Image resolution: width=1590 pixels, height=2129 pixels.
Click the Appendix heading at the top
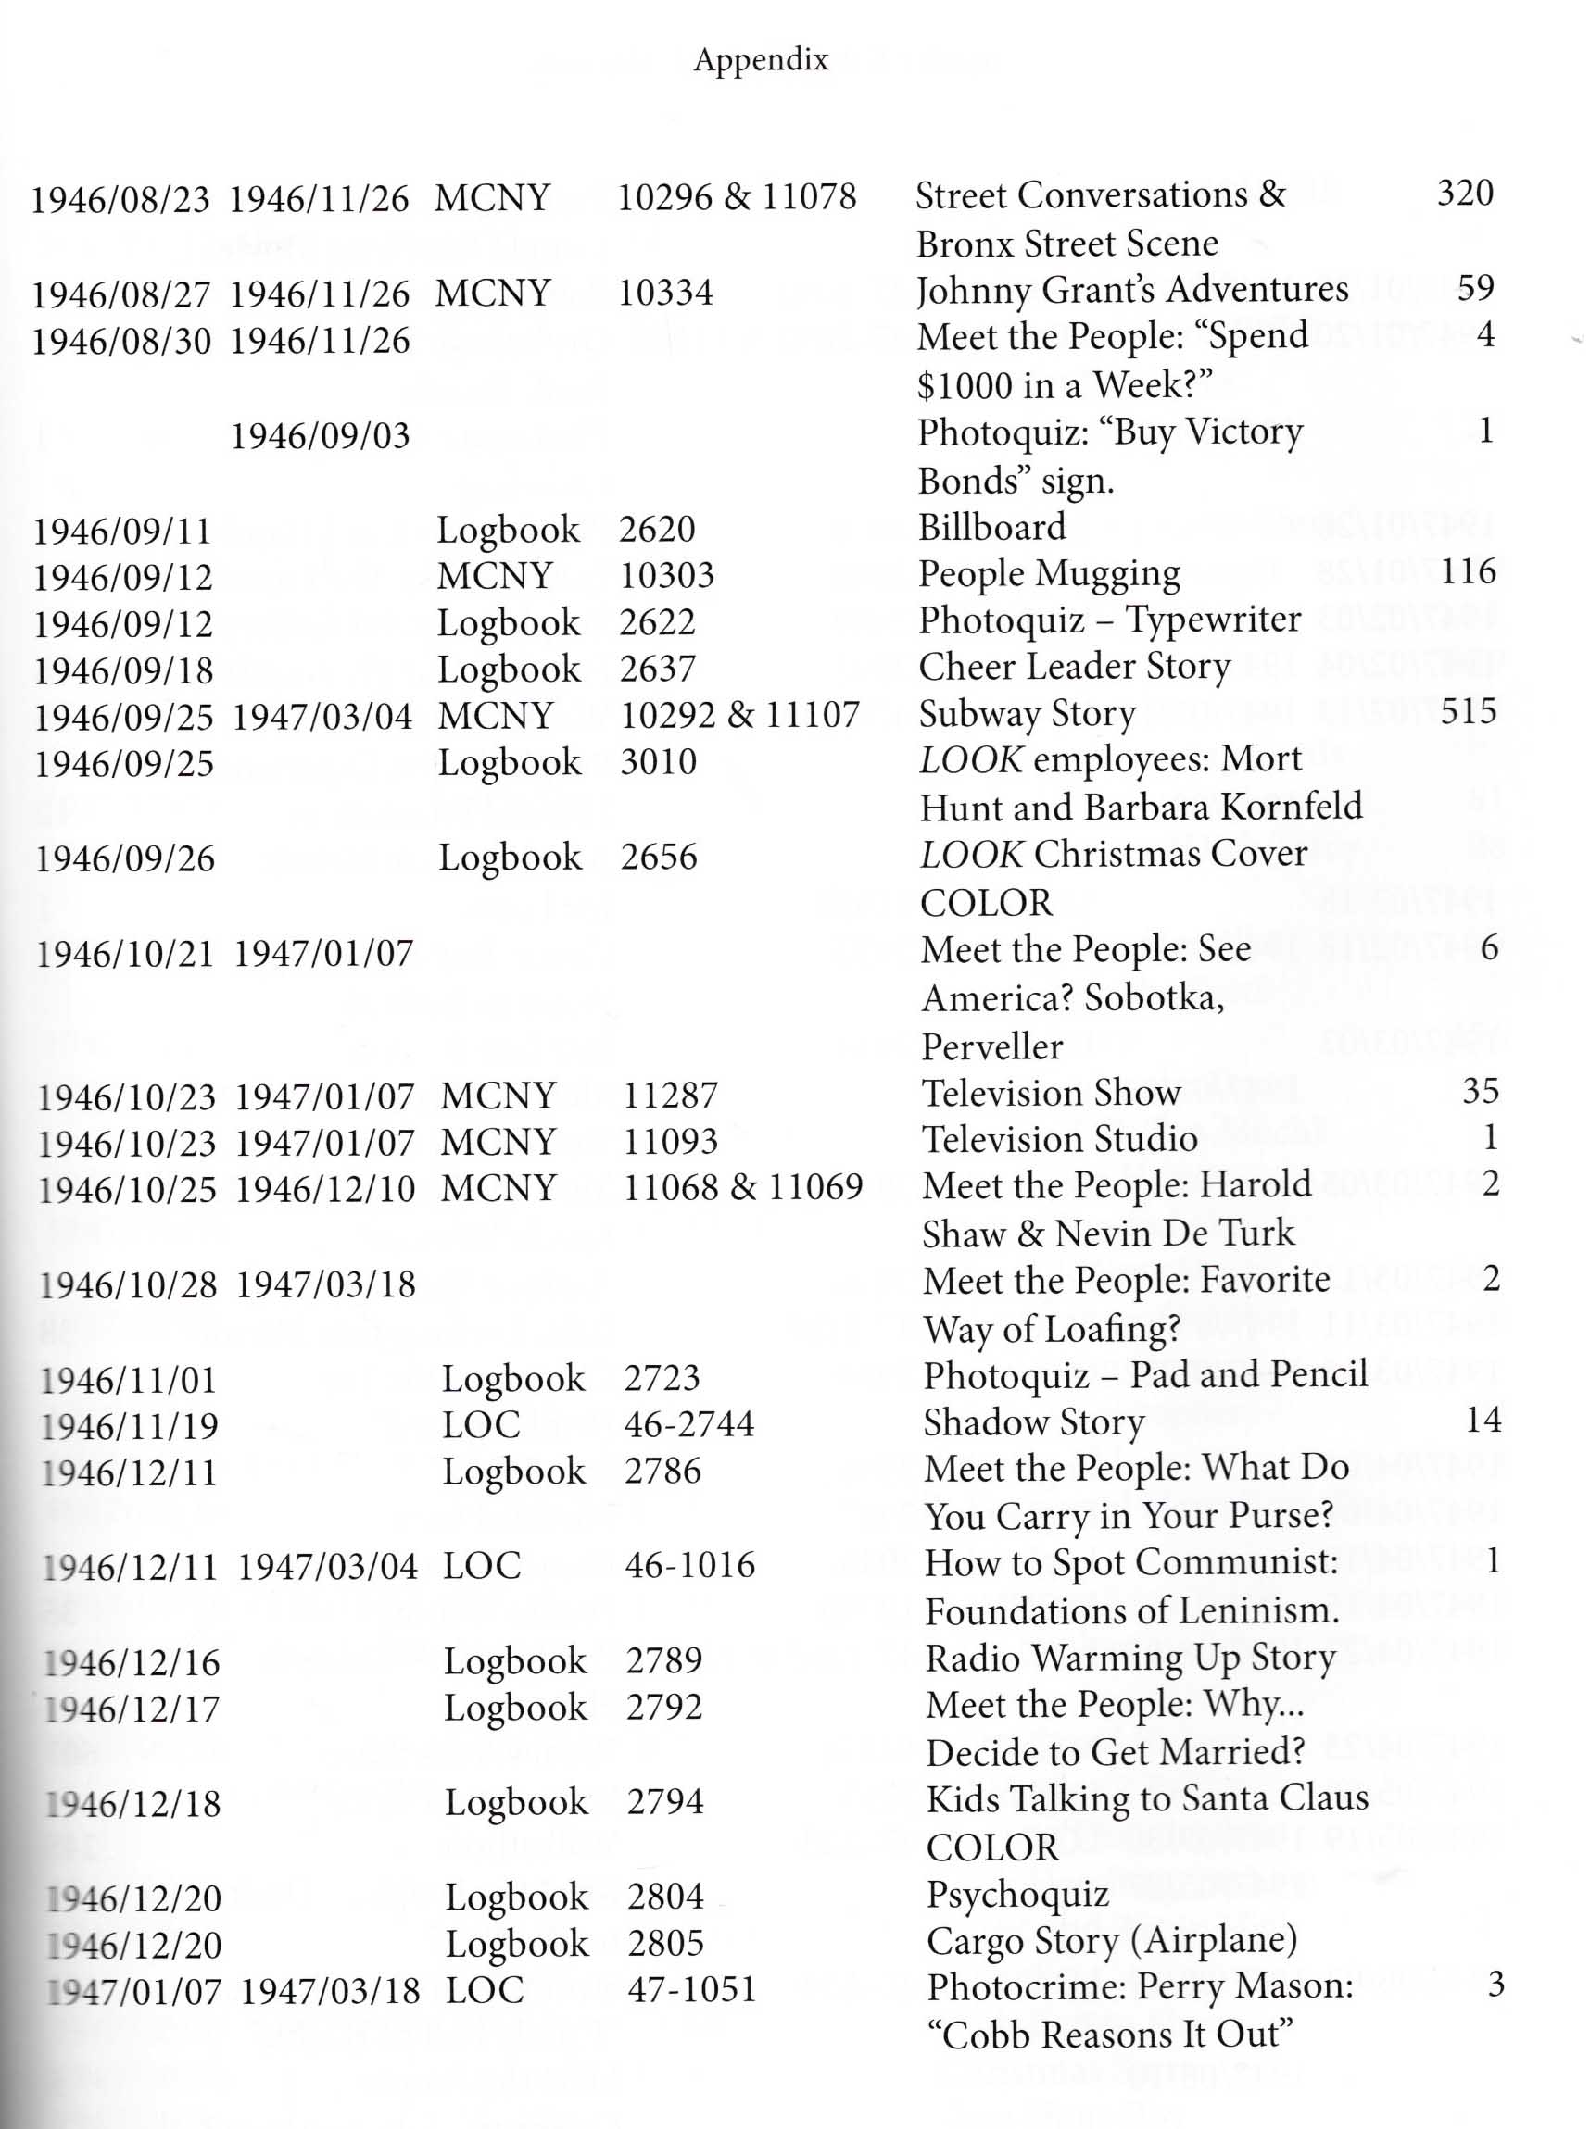pos(761,60)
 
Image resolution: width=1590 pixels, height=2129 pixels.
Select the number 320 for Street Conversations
pos(1465,194)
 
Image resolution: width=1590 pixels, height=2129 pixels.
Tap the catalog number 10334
pos(665,293)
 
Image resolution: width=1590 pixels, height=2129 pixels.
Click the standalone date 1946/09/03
pos(320,436)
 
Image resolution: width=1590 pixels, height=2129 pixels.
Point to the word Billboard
pos(991,527)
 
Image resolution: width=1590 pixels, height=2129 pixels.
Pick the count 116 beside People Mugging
pos(1468,572)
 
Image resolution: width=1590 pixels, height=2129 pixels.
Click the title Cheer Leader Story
pos(1074,667)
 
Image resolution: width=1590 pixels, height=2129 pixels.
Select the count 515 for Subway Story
pos(1469,712)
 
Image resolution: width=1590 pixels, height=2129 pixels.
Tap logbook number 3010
pos(658,762)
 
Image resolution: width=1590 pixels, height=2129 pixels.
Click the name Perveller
pos(991,1046)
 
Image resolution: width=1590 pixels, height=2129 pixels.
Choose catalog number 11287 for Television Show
pos(670,1095)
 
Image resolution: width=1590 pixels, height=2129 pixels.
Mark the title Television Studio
pos(1060,1140)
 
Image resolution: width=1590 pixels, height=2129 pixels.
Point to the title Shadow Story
pos(1034,1422)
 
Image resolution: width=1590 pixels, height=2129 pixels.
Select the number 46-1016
pos(689,1565)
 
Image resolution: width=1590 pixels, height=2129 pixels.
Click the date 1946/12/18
pos(132,1804)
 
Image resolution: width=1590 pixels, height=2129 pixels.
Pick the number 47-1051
pos(691,1988)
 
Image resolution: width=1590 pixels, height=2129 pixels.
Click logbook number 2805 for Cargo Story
pos(665,1943)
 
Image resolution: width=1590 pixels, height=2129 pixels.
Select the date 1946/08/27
pos(120,294)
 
